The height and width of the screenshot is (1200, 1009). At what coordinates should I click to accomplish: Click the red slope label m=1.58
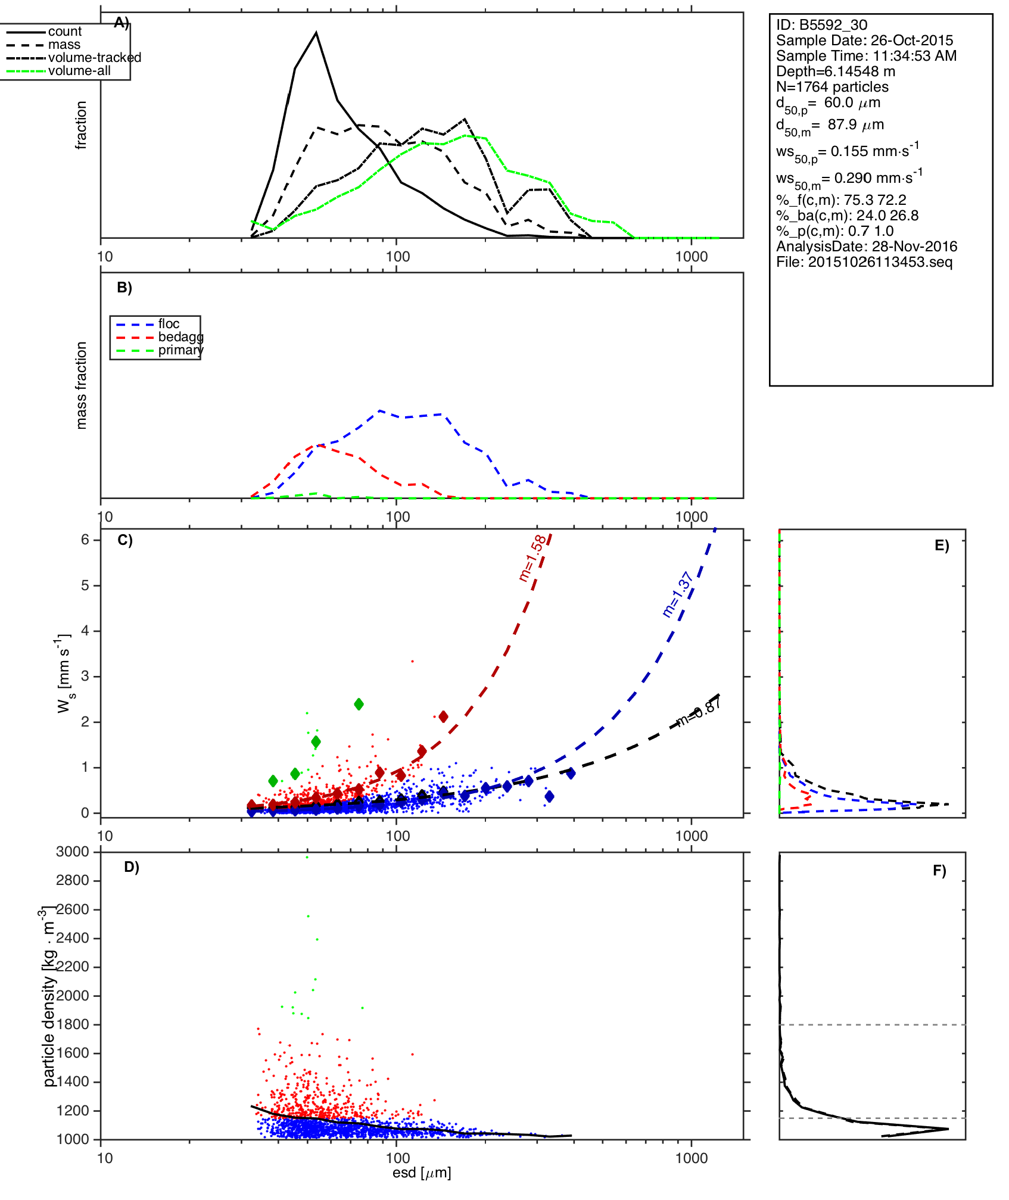(532, 559)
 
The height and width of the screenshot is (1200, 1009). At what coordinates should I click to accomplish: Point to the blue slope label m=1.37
(678, 594)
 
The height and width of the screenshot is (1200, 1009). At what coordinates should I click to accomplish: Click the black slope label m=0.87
(700, 712)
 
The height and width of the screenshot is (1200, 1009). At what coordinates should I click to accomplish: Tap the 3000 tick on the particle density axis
(72, 852)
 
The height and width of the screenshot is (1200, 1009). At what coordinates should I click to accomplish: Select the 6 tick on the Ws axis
(86, 540)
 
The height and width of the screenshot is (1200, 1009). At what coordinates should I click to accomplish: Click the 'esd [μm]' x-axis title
(422, 1173)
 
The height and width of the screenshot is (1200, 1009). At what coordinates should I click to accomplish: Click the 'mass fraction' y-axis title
(82, 385)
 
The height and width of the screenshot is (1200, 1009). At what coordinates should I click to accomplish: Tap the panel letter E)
(942, 546)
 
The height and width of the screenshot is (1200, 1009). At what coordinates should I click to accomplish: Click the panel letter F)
(939, 871)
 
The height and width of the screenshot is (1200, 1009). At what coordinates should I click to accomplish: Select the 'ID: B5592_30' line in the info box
(821, 25)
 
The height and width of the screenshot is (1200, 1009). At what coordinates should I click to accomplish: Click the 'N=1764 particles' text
(832, 87)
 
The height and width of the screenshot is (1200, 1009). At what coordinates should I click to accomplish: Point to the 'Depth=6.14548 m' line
(836, 71)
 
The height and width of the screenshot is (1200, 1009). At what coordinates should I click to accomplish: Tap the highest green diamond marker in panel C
(359, 705)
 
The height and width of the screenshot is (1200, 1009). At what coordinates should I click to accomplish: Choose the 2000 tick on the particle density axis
(72, 996)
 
